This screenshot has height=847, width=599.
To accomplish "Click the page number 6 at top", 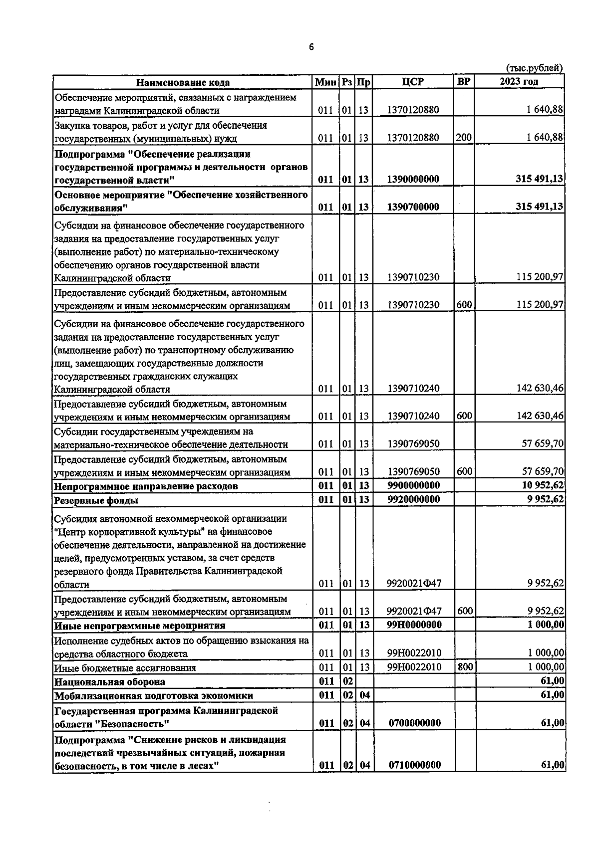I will pos(311,47).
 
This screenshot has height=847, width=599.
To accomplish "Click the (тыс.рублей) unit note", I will pos(534,68).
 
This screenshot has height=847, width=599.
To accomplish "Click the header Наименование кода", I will pos(183,83).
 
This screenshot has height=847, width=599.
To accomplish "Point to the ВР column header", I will pos(464,82).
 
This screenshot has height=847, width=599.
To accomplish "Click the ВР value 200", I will pos(464,138).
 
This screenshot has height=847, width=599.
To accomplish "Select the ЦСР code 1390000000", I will pos(414,180).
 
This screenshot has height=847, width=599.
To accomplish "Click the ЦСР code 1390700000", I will pos(414,207).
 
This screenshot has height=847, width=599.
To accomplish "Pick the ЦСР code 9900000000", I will pos(414,486).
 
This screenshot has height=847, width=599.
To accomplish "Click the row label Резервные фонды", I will pos(96,500).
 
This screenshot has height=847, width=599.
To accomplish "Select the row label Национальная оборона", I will pos(110,681).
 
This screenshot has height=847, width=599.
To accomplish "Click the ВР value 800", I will pos(465,667).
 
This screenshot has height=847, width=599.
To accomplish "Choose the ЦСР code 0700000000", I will pos(414,723).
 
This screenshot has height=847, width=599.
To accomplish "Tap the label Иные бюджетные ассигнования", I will pos(125,668).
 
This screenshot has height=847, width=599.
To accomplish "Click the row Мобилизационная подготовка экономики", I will pos(154,695).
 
